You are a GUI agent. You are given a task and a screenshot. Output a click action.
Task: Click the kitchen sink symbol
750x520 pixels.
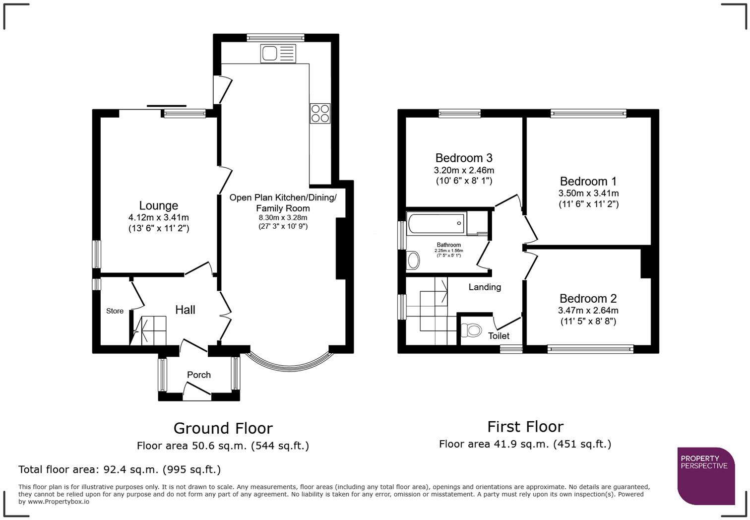tap(278, 54)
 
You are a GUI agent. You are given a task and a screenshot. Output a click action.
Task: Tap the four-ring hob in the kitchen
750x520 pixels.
tap(320, 113)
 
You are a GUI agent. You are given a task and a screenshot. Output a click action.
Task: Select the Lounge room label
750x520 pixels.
tap(158, 205)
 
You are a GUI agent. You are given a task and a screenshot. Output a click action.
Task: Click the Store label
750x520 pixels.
tap(115, 311)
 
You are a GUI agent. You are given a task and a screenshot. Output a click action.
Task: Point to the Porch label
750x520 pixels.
tap(199, 375)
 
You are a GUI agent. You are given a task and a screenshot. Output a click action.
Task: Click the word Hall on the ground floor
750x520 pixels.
tap(185, 310)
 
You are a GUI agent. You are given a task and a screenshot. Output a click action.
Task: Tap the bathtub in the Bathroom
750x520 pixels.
tap(436, 224)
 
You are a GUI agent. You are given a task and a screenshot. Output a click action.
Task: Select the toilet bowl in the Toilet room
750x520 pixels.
tap(471, 330)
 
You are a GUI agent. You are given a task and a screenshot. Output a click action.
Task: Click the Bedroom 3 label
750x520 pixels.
tap(464, 158)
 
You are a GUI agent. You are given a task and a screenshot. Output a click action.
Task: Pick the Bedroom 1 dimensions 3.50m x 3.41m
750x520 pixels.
tap(588, 194)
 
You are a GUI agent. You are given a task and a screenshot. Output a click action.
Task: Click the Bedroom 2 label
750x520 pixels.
tap(588, 298)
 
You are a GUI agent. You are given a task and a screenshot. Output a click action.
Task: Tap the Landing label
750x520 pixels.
tap(485, 287)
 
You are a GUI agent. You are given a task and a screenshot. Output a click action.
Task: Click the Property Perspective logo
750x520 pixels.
tap(705, 475)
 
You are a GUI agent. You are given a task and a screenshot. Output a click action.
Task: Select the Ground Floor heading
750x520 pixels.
tap(223, 428)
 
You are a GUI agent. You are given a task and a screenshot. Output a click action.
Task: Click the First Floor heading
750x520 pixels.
tap(525, 426)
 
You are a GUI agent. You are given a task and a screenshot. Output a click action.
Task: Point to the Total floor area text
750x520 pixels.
tap(119, 469)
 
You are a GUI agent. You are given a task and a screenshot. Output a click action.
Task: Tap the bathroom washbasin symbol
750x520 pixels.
tap(413, 260)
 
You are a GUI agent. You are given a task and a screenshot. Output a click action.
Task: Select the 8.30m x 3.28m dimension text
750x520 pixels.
tap(283, 217)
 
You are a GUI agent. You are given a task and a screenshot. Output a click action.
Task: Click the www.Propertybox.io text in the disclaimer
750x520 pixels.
tap(59, 502)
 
